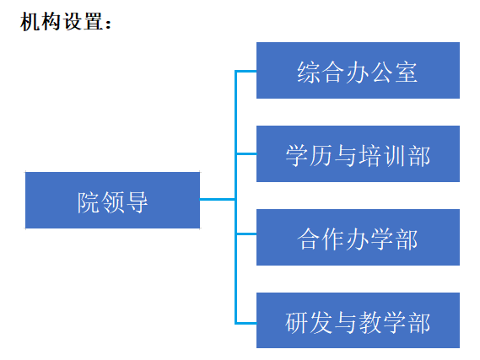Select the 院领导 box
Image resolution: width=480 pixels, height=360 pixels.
click(x=113, y=200)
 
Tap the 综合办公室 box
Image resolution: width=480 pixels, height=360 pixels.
click(x=358, y=70)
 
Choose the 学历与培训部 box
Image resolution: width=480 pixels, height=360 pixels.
click(x=358, y=153)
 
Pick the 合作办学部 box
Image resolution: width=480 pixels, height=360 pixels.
click(x=358, y=238)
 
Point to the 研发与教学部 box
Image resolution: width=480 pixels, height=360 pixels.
click(x=358, y=320)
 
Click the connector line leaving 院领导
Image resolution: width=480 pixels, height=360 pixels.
click(x=218, y=200)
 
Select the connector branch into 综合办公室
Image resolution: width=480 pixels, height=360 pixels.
click(x=245, y=72)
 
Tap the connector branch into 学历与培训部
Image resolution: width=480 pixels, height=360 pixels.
click(x=245, y=153)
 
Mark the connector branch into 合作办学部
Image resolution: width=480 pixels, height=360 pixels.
click(x=245, y=234)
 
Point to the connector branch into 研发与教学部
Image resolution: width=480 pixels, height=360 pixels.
click(x=245, y=323)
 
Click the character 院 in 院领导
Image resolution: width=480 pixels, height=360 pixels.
click(x=89, y=202)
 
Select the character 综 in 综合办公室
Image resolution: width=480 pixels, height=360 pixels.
click(x=308, y=73)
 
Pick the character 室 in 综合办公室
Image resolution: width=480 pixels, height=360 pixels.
click(x=407, y=73)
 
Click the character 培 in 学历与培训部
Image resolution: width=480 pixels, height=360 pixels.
click(x=370, y=156)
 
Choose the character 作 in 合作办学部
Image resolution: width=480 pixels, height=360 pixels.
click(x=333, y=239)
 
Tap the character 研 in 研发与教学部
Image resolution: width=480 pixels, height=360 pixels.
click(x=296, y=323)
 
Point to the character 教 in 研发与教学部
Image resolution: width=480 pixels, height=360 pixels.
click(x=370, y=323)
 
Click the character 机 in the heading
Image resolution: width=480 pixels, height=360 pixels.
click(x=30, y=22)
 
